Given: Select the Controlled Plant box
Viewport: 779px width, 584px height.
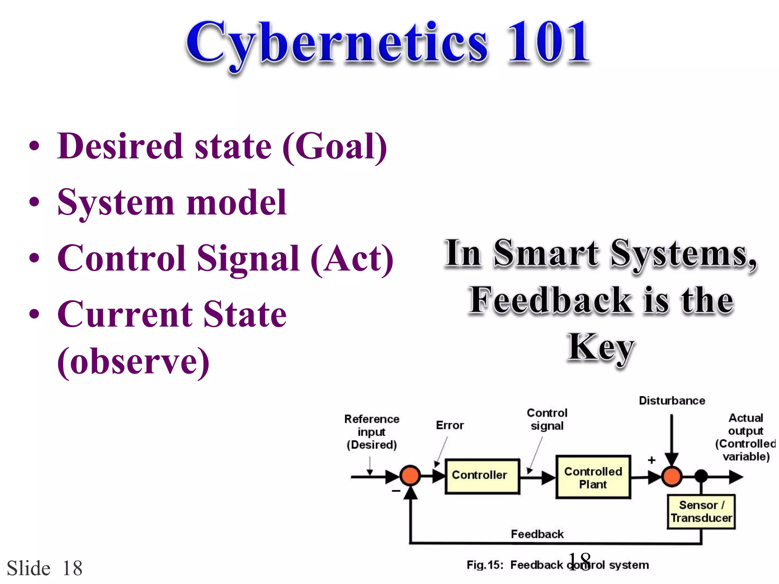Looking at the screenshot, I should pos(593,478).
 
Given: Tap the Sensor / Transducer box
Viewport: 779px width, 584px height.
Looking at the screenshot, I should pos(701,512).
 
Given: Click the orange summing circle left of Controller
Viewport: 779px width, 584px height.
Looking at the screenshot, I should pos(410,476).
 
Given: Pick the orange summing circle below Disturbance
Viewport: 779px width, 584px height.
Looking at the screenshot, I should pos(672,476).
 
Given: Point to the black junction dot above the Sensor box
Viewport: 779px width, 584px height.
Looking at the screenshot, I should pos(701,476).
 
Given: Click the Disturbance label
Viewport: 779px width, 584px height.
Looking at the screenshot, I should pos(672,401).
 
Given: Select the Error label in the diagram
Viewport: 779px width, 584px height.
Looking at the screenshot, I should pos(450,425).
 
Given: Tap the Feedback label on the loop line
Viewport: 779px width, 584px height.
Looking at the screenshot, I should pos(537,534).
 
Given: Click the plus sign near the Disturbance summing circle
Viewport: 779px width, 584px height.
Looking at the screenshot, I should pos(652,460).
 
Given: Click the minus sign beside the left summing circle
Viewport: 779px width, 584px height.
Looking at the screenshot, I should pos(396,491).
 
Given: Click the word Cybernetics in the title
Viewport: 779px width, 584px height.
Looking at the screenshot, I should pos(337,44).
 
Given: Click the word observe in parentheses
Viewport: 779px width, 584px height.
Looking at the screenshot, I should pos(133,361).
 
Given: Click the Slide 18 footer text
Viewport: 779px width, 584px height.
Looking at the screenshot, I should pos(45,568).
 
